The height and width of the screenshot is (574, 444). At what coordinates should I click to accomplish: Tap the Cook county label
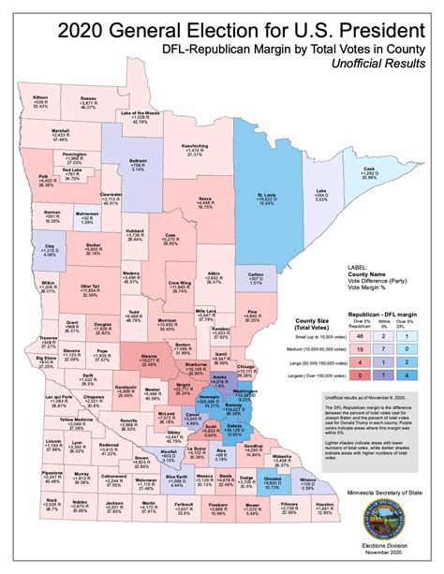368,172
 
